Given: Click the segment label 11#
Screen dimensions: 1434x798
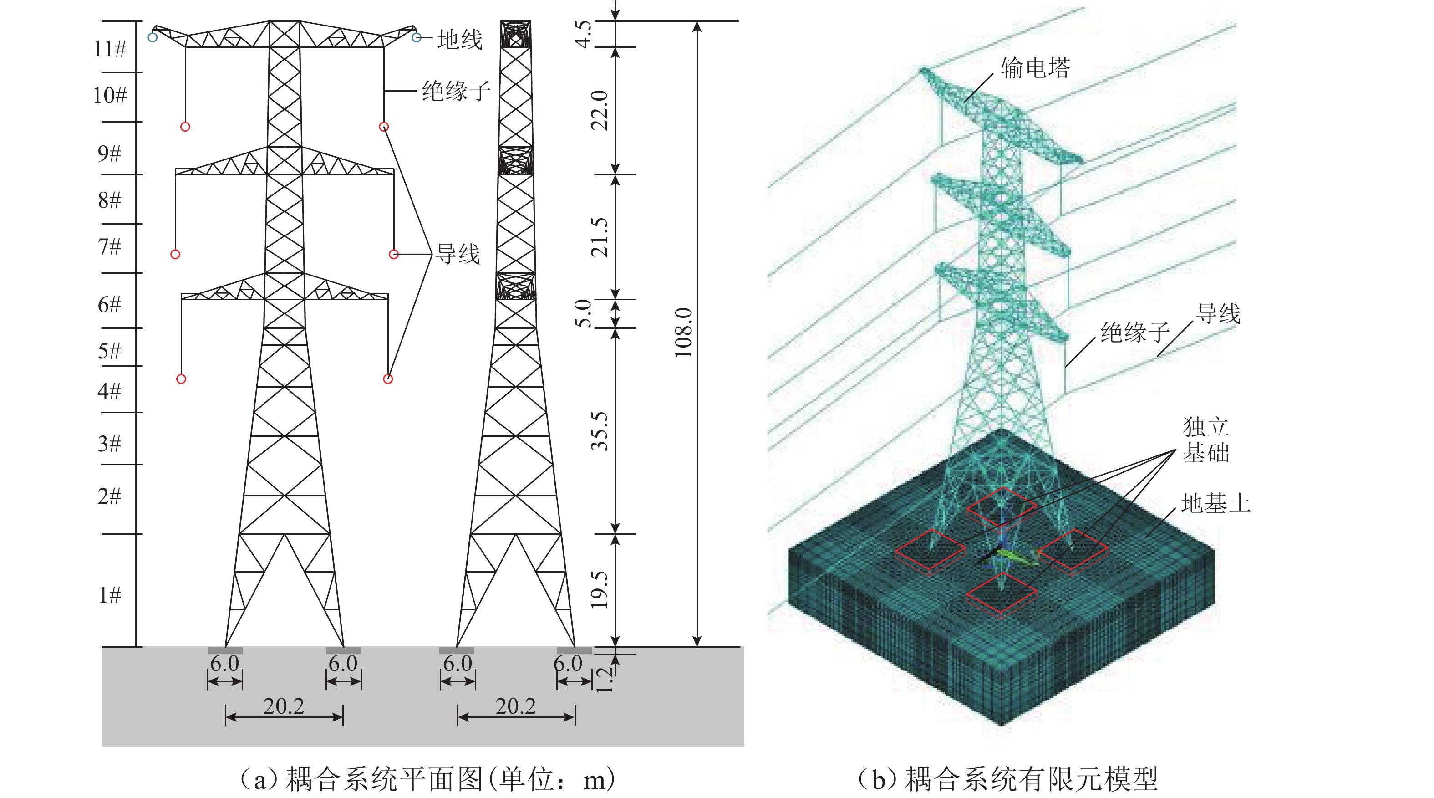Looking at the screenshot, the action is point(110,49).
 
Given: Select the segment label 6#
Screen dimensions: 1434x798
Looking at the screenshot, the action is point(109,305).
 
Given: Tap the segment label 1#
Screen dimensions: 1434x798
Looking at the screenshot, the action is point(110,595).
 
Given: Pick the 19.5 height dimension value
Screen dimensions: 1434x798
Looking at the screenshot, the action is point(600,590).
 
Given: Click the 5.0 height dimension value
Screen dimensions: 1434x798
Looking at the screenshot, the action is point(583,313).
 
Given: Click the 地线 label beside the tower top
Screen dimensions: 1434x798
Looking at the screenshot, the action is point(460,40).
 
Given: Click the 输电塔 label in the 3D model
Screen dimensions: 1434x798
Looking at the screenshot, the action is point(1035,68).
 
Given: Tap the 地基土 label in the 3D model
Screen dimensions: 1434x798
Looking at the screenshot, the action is point(1216,503).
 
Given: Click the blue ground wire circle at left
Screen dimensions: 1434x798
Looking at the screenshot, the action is point(153,37).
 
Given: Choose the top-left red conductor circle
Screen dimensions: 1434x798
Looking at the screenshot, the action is point(185,127).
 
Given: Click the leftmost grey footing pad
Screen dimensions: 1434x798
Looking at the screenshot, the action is point(225,650).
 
